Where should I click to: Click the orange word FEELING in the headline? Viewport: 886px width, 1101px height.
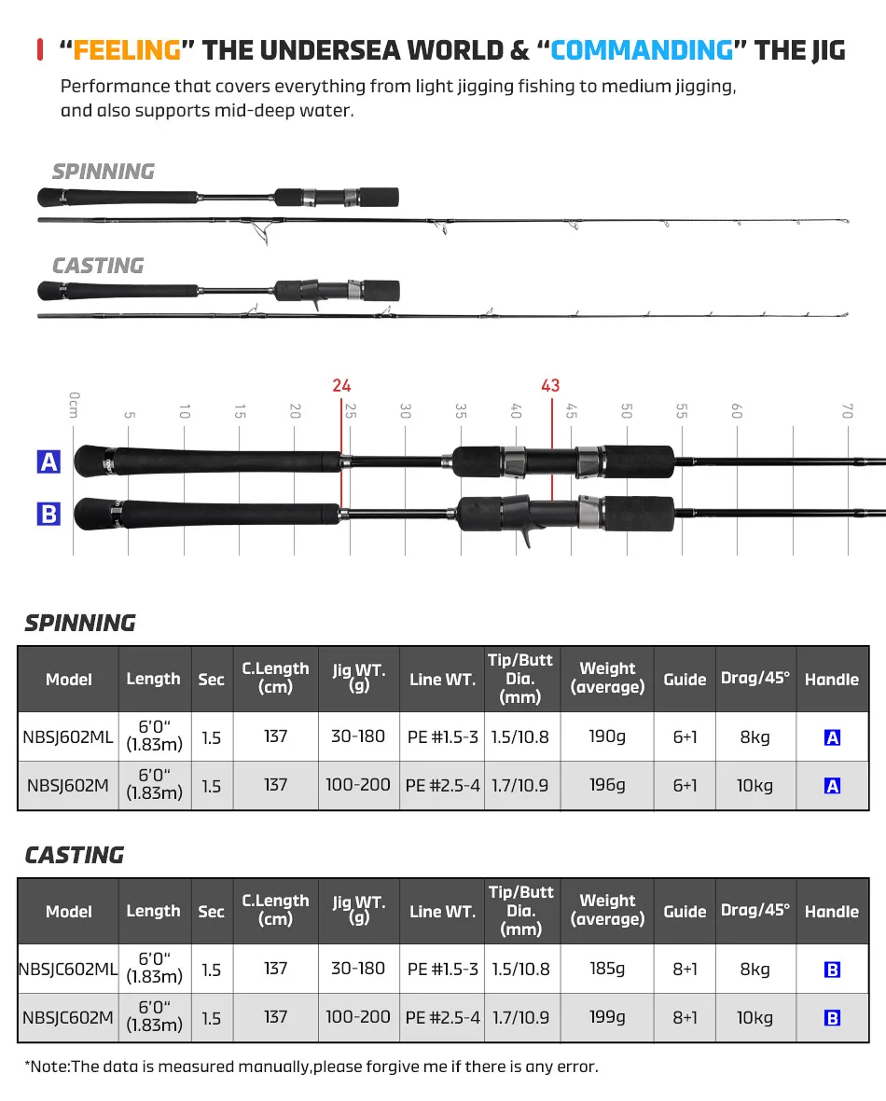[x=127, y=49]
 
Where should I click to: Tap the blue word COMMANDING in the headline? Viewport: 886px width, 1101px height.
[x=642, y=49]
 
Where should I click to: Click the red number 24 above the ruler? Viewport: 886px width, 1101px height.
[x=341, y=386]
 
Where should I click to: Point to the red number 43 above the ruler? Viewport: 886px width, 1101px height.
[x=550, y=386]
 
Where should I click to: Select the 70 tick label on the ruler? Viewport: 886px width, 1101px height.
[x=847, y=410]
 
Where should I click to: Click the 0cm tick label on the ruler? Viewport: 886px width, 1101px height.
[x=75, y=406]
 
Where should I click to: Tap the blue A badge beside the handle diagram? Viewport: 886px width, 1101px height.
[x=48, y=461]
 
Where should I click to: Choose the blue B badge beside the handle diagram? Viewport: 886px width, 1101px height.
[x=48, y=514]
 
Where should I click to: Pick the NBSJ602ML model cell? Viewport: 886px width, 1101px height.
[x=68, y=736]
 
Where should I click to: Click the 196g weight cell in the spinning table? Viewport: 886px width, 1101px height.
[x=607, y=785]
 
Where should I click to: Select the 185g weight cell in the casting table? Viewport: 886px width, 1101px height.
[x=607, y=969]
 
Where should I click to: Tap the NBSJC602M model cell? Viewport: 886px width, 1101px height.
[x=68, y=1017]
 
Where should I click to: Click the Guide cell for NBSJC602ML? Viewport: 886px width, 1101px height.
[x=685, y=969]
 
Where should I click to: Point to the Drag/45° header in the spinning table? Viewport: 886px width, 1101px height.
[x=754, y=678]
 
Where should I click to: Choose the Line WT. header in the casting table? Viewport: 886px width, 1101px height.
[x=442, y=911]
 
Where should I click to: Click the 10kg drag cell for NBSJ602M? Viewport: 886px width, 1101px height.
[x=754, y=785]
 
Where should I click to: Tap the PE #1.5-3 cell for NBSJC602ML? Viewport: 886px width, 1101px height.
[x=442, y=969]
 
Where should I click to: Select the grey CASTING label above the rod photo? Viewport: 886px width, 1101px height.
[x=98, y=266]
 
